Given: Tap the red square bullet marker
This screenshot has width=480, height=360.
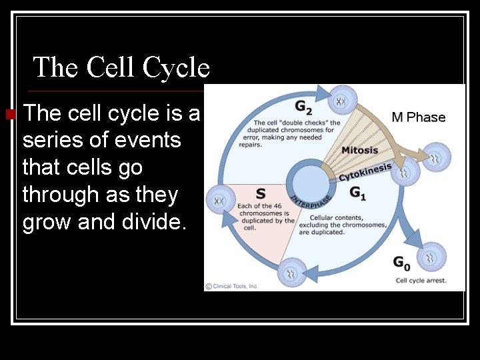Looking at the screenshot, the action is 9,114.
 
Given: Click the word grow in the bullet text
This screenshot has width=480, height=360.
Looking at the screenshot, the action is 47,221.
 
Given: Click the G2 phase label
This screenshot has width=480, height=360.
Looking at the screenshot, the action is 303,107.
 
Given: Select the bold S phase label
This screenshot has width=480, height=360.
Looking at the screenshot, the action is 261,193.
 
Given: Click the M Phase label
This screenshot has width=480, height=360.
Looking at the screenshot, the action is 419,117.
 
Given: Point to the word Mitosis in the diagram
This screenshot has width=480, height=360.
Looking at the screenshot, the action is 359,150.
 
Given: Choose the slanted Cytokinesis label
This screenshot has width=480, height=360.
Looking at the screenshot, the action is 365,171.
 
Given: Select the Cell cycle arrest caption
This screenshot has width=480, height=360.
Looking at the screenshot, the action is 421,281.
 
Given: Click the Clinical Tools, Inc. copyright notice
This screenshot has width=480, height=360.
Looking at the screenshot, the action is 231,286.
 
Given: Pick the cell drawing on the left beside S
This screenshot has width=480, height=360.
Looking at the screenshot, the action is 220,200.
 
